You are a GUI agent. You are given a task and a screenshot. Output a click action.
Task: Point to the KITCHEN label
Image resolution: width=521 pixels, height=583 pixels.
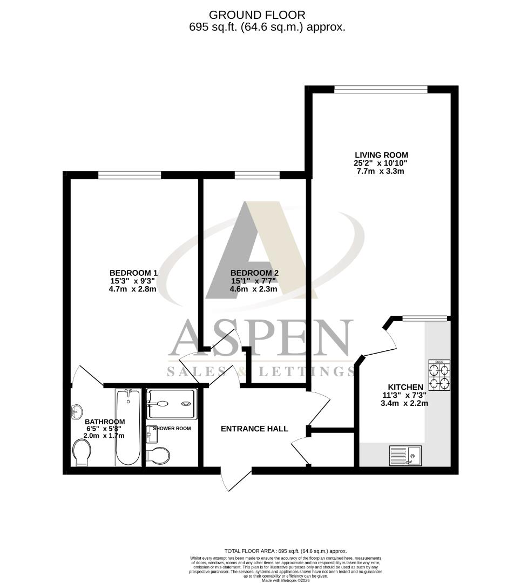click(405, 387)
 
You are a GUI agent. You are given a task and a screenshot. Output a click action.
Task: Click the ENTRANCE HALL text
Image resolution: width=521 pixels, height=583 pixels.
click(254, 429)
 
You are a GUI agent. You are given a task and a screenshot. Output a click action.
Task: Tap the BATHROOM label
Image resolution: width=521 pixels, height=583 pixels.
click(105, 422)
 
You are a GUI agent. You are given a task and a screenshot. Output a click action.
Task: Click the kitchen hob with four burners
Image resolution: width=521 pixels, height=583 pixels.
click(438, 375)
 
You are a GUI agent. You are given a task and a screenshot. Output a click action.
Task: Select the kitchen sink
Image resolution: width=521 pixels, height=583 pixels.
click(405, 455)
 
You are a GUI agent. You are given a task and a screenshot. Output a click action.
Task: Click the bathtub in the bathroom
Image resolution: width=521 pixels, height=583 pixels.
click(128, 428)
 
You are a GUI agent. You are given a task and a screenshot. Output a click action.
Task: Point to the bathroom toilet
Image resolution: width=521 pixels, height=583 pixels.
click(82, 452)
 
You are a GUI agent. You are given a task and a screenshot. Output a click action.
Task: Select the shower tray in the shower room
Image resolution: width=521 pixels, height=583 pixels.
click(170, 404)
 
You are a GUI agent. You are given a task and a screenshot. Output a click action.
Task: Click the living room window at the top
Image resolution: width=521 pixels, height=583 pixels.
click(381, 90)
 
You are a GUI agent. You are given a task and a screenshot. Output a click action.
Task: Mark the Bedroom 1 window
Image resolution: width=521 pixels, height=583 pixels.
click(130, 175)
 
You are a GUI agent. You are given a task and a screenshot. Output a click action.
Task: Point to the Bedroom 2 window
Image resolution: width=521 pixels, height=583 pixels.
click(257, 175)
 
